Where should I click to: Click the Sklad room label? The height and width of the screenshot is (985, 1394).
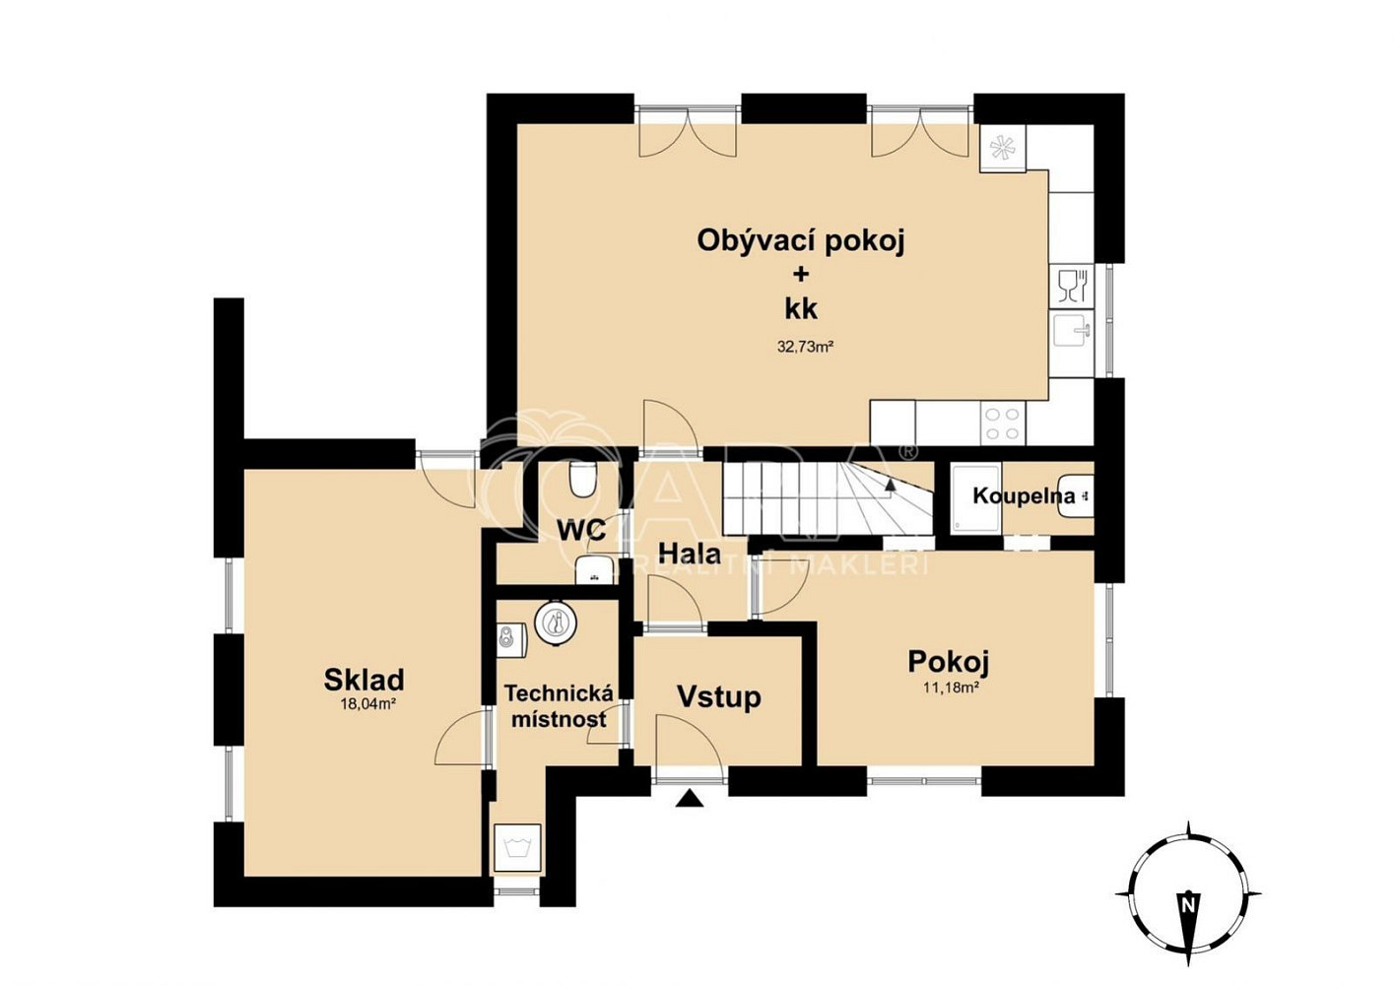[x=365, y=680]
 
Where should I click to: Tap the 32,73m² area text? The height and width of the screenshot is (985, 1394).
[x=805, y=347]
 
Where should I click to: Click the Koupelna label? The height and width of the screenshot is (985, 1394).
[x=1024, y=495]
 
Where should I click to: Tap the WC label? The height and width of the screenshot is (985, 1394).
[x=581, y=531]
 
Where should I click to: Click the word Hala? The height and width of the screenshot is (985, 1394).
[x=690, y=554]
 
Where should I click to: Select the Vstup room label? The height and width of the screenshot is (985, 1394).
[x=719, y=697]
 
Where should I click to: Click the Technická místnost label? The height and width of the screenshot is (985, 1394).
[x=559, y=706]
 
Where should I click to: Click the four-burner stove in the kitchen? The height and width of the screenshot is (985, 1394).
[x=1003, y=424]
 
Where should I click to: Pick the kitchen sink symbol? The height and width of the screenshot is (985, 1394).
[x=1072, y=333]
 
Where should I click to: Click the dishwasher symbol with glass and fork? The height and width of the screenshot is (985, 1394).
[x=1072, y=287]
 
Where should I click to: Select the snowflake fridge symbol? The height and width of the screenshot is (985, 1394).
[x=1002, y=148]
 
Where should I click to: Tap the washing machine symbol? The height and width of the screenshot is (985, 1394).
[x=517, y=848]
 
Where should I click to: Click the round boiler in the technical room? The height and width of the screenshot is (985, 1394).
[x=555, y=622]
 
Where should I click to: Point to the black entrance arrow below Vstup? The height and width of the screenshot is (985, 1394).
[x=690, y=798]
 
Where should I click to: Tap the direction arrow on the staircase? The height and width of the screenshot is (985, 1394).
[x=892, y=485]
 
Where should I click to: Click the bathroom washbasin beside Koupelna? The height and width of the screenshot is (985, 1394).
[x=1076, y=495]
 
